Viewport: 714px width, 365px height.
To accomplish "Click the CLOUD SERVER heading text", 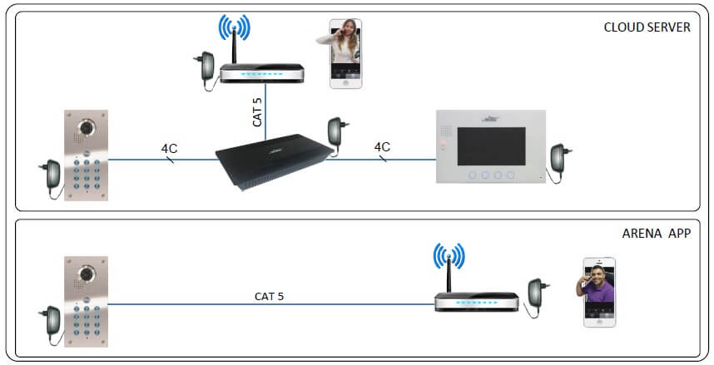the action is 647,27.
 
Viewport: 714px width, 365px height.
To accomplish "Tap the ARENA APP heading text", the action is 657,234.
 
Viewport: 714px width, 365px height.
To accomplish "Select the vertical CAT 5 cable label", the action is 257,112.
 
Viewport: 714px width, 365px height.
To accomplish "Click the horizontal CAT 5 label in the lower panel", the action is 269,296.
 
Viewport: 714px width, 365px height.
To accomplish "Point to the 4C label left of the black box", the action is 169,148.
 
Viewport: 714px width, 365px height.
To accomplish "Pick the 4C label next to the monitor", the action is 382,146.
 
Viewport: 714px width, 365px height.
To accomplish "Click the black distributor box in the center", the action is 275,161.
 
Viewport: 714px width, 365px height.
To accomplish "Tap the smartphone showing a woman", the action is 346,53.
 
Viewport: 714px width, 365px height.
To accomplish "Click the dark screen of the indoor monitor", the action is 491,146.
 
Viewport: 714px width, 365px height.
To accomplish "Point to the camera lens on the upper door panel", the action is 86,127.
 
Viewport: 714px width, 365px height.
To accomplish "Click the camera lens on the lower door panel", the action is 86,274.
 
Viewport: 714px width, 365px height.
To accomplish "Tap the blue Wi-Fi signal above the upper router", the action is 234,27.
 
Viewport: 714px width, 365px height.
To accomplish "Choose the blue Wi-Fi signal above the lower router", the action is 449,255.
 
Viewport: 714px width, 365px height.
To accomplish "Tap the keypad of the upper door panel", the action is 86,175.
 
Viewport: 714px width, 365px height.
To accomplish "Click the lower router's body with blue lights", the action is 476,302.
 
